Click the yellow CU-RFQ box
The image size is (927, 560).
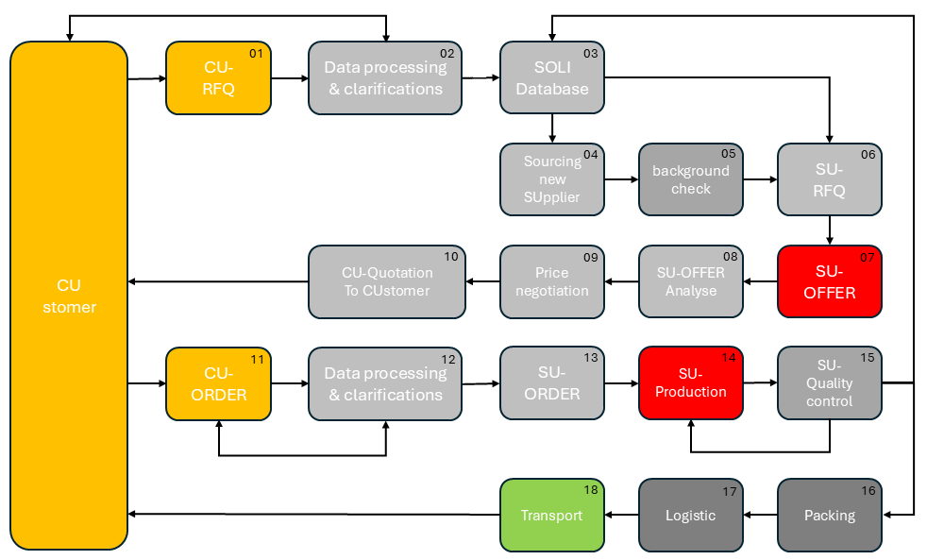(218, 78)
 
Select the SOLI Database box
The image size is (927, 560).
(551, 78)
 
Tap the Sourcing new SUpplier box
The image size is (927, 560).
(551, 179)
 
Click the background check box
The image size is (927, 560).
(690, 179)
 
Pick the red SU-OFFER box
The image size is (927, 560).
(829, 281)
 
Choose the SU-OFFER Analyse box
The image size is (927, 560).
(690, 281)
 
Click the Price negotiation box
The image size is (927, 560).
(551, 281)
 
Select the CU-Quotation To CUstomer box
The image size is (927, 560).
(387, 281)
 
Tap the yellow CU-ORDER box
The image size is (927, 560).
(218, 383)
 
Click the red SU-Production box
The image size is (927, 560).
(690, 383)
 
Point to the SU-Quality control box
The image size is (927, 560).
(829, 383)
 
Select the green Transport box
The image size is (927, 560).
(551, 516)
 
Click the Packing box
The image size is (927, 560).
(829, 516)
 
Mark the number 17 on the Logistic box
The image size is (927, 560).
(730, 491)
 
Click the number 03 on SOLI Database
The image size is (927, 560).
(591, 54)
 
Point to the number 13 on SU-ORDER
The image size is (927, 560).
(591, 359)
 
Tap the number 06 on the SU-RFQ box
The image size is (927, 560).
(868, 154)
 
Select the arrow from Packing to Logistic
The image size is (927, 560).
(760, 516)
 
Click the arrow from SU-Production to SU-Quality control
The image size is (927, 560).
(760, 383)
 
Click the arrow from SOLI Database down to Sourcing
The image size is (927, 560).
(552, 129)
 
